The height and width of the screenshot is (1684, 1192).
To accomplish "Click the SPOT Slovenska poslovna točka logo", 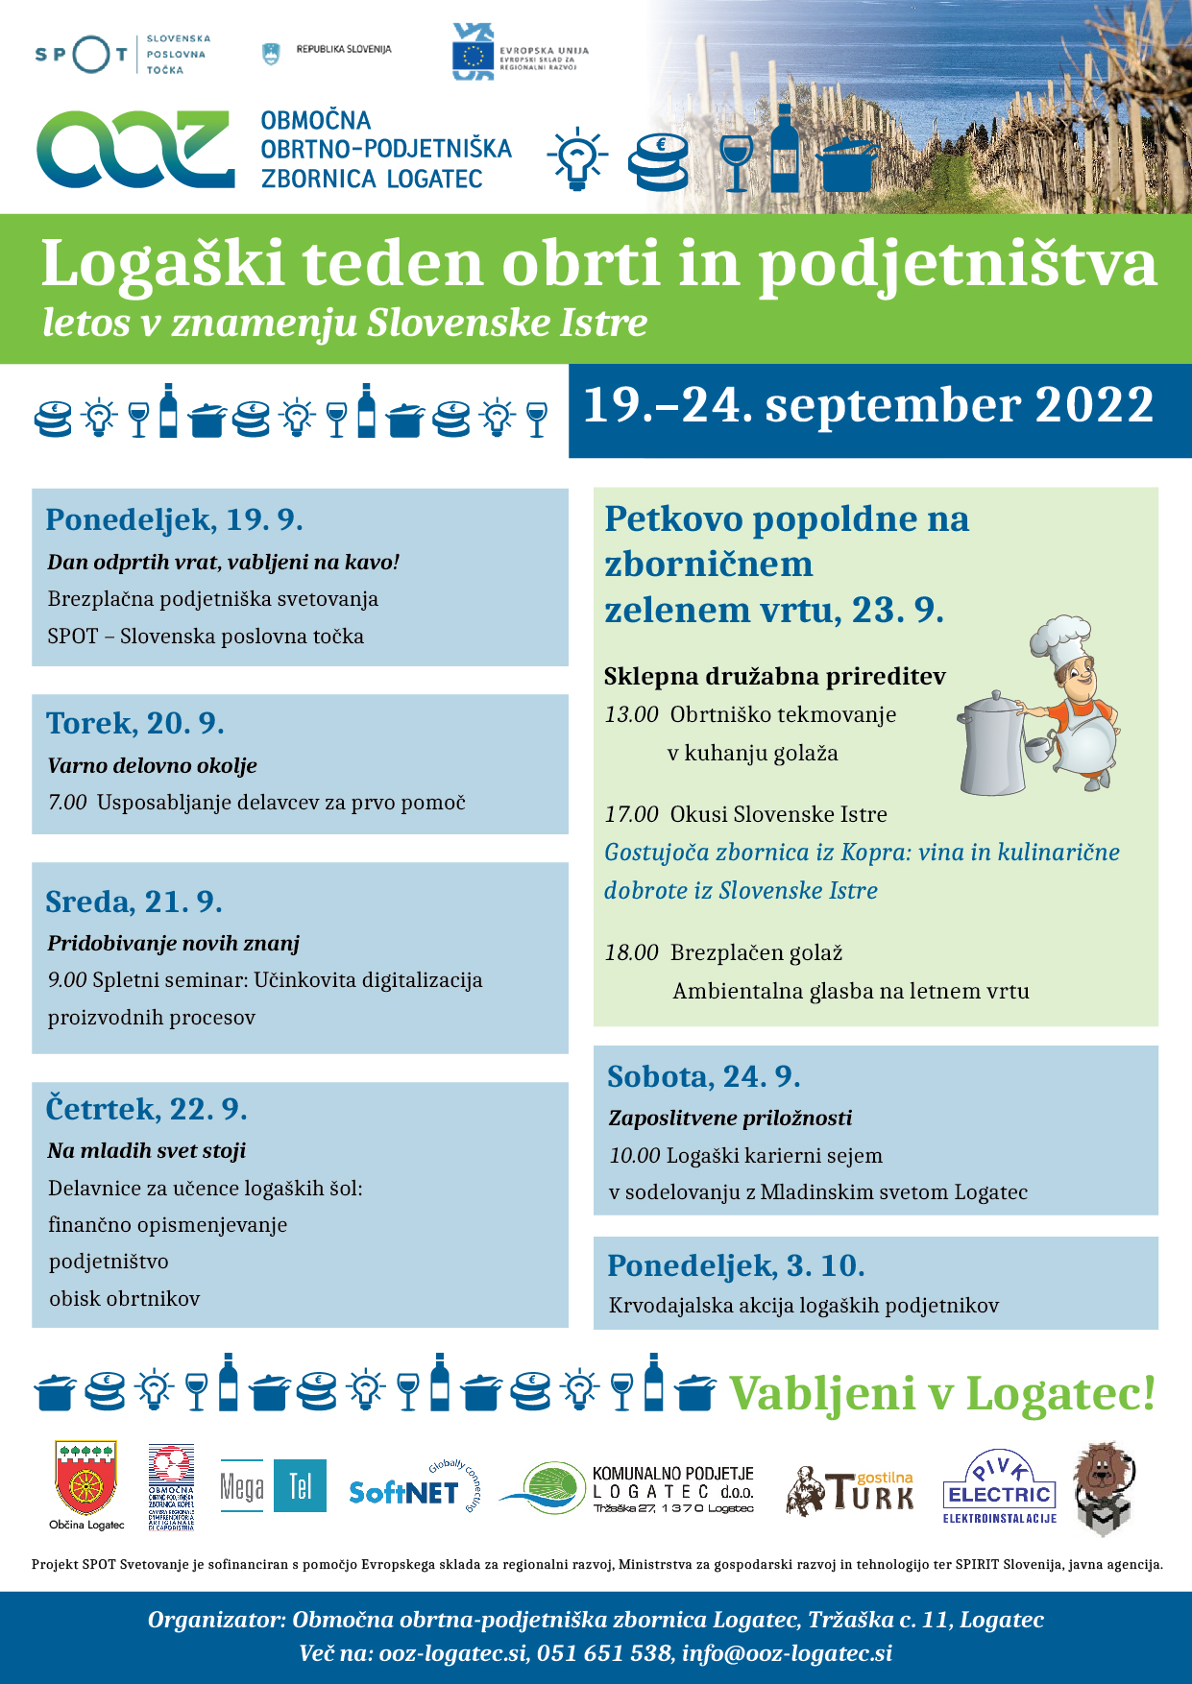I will [x=121, y=55].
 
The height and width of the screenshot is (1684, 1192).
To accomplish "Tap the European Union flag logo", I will [x=474, y=53].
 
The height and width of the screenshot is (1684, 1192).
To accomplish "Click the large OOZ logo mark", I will [x=135, y=149].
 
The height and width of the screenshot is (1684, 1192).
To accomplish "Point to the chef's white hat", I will [x=1060, y=637].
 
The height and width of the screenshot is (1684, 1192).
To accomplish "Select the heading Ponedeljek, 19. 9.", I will [x=174, y=520].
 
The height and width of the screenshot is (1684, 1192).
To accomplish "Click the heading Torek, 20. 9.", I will [x=135, y=723].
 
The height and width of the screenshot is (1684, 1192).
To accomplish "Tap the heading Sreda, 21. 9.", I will [x=134, y=902].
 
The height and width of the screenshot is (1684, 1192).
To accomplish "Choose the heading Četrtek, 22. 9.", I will [x=146, y=1110].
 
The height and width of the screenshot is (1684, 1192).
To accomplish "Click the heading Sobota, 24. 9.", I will [x=703, y=1077].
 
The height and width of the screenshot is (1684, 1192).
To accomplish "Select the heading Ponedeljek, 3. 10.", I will [x=736, y=1266].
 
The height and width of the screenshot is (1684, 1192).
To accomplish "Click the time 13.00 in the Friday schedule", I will [x=631, y=715].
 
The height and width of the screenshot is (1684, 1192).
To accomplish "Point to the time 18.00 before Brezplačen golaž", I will [x=631, y=953].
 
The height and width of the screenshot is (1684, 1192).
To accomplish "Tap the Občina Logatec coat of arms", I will [x=86, y=1478].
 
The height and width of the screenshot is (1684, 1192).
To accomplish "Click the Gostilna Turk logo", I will [x=851, y=1491].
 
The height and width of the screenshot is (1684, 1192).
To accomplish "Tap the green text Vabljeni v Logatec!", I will [x=942, y=1394].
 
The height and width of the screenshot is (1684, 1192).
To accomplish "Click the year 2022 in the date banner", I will [x=1094, y=405].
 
